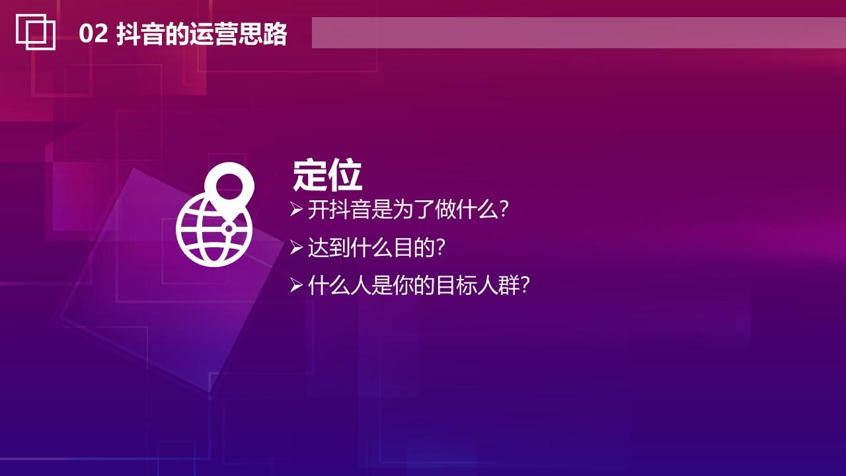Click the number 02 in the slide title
(93, 34)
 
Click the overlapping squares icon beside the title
(36, 32)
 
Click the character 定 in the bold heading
(310, 175)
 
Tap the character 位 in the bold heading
(345, 175)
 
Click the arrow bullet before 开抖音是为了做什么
(296, 210)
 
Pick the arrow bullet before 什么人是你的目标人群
(296, 286)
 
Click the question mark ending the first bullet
(504, 210)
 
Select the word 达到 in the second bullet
(328, 248)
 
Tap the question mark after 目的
(440, 248)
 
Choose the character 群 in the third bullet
(509, 286)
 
